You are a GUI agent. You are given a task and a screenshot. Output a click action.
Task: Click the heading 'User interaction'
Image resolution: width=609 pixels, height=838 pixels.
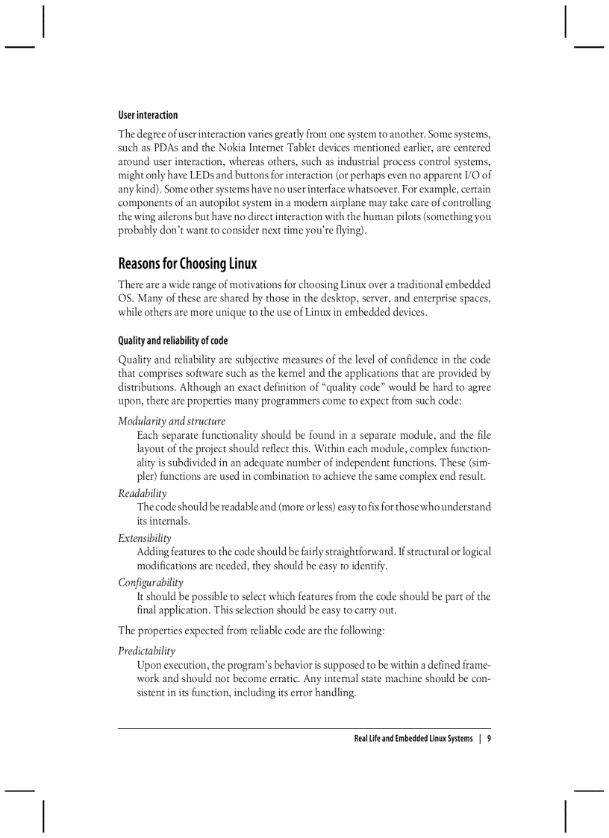[x=148, y=115]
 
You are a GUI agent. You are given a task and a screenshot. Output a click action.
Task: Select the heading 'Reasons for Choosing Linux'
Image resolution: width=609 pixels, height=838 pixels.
[x=187, y=263]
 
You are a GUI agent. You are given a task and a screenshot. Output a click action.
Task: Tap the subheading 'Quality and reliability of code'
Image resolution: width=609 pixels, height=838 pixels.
[x=172, y=340]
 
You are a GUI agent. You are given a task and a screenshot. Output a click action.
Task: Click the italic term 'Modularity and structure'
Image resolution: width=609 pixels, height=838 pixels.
[x=171, y=421]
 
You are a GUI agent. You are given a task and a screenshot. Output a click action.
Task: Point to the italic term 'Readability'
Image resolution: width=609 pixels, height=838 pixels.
[x=142, y=493]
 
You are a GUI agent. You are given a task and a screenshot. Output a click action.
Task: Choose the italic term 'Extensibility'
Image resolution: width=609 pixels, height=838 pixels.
[x=144, y=538]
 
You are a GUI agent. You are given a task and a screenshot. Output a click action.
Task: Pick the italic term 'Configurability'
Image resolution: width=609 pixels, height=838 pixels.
[x=150, y=582]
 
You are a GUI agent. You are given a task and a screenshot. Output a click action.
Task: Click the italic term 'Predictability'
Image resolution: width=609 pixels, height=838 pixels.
[x=146, y=651]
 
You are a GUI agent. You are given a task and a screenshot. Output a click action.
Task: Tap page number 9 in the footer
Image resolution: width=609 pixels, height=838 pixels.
[x=488, y=739]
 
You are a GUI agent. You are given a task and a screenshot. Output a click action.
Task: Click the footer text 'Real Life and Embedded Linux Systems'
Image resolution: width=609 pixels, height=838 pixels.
[x=413, y=739]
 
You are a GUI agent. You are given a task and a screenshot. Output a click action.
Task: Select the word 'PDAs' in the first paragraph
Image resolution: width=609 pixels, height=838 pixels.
[x=168, y=148]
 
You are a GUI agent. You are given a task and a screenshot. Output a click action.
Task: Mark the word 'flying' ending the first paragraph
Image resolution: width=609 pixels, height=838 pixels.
[x=349, y=230]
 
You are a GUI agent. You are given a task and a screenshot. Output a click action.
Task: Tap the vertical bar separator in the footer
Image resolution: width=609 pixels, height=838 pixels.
[x=480, y=739]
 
